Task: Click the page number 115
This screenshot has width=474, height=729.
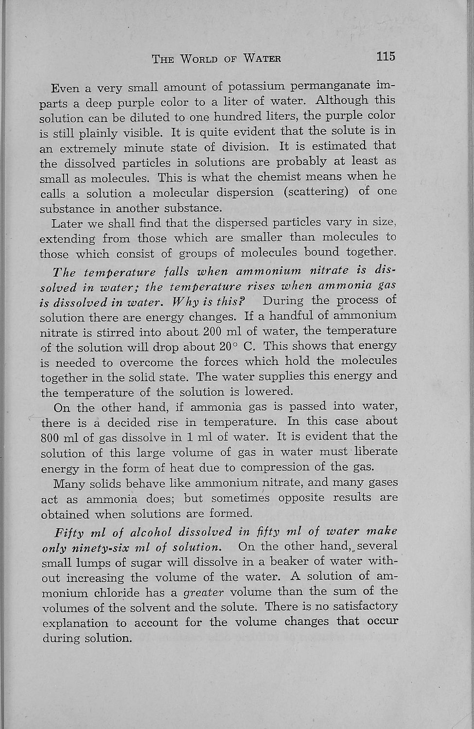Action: coord(386,56)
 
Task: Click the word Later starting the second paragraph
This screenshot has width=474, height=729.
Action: coord(67,224)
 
